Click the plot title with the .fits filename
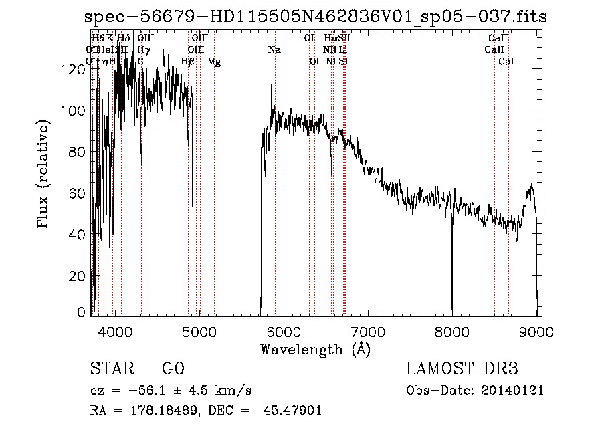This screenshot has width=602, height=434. [x=316, y=17]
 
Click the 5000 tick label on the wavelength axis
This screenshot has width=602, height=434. [x=199, y=330]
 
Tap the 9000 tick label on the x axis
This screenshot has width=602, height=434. [x=537, y=330]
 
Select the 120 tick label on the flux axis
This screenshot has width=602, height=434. [x=77, y=70]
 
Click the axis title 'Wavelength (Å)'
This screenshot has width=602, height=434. [x=315, y=349]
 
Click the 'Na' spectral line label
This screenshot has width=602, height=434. [x=274, y=49]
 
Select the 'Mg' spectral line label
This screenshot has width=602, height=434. [x=214, y=62]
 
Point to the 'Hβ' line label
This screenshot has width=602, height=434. [x=188, y=62]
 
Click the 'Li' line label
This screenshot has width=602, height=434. [x=342, y=49]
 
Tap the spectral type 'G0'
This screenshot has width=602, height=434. [x=173, y=369]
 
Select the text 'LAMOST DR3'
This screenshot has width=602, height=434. [x=462, y=369]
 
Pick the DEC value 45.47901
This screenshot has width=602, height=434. [x=294, y=411]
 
